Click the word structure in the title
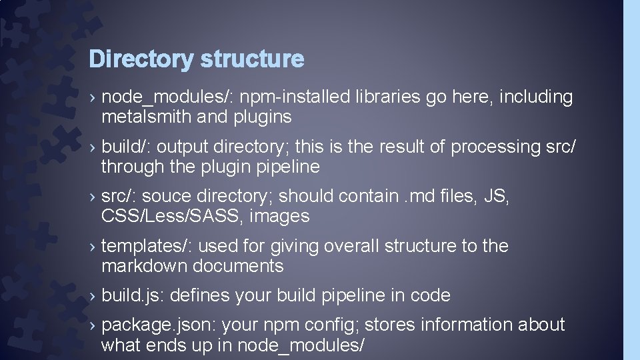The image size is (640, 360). coord(252,59)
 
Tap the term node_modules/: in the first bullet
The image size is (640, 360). coord(167,97)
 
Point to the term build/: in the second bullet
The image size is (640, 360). coord(126,147)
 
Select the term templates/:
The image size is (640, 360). coord(147,247)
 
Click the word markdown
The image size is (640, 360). coord(144,266)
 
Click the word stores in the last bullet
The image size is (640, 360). coord(382,325)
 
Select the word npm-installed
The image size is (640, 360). coord(295,97)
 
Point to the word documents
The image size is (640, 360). coord(238,266)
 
